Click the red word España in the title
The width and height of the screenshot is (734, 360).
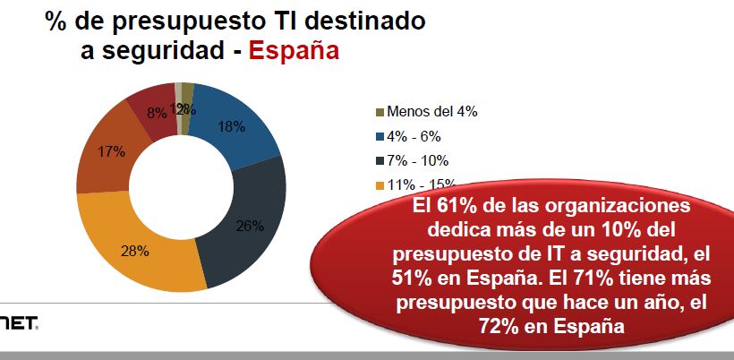click(x=294, y=49)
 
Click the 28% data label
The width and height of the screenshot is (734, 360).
click(x=134, y=251)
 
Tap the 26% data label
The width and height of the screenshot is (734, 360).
click(x=250, y=226)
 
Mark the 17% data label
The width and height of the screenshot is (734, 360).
click(x=111, y=151)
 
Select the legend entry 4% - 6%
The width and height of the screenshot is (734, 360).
click(x=413, y=137)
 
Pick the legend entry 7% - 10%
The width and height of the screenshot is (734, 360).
click(x=416, y=161)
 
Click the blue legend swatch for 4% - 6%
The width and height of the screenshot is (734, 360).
click(x=380, y=137)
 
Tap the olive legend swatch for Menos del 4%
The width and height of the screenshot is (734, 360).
click(x=380, y=112)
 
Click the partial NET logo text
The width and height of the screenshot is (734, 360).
click(x=19, y=321)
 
